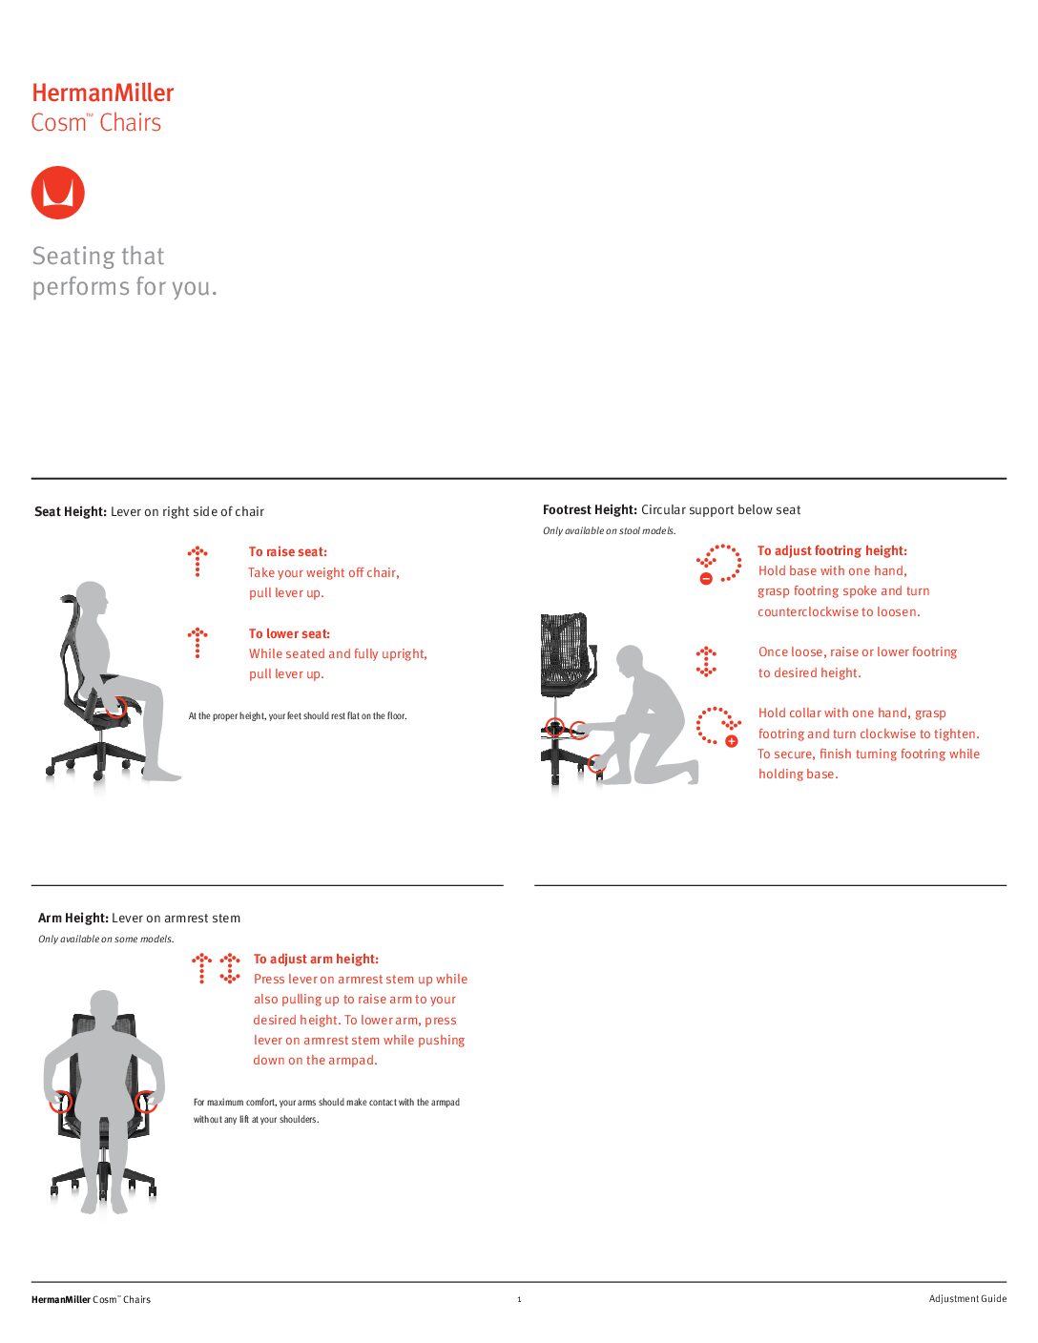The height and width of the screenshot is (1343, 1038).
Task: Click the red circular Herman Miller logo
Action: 58,193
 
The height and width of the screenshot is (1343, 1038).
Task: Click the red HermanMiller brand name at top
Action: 103,93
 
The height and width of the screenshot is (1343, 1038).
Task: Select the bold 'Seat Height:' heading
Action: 71,512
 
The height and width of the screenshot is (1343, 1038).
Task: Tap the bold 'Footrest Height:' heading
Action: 590,510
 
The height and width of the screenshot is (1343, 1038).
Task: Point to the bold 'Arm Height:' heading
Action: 73,919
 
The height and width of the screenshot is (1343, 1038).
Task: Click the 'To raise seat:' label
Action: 288,552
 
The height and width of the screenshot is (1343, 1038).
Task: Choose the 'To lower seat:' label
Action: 289,634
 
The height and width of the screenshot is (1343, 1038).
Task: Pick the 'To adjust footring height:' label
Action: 832,551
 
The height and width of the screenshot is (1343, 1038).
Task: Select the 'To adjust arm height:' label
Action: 316,960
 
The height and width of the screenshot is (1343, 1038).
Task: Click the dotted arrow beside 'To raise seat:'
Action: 197,562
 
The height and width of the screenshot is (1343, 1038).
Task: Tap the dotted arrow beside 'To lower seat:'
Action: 197,643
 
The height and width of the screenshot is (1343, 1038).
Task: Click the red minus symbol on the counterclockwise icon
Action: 706,579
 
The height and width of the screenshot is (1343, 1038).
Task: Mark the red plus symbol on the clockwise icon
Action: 732,741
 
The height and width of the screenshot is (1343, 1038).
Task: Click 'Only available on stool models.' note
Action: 610,531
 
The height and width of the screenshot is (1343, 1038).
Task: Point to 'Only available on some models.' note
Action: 106,940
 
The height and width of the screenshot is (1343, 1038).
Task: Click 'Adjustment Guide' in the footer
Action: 967,1299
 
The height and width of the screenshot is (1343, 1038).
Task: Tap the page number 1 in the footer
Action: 519,1299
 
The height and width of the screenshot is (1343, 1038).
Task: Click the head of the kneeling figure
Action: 630,660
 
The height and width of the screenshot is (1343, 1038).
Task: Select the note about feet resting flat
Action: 298,716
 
